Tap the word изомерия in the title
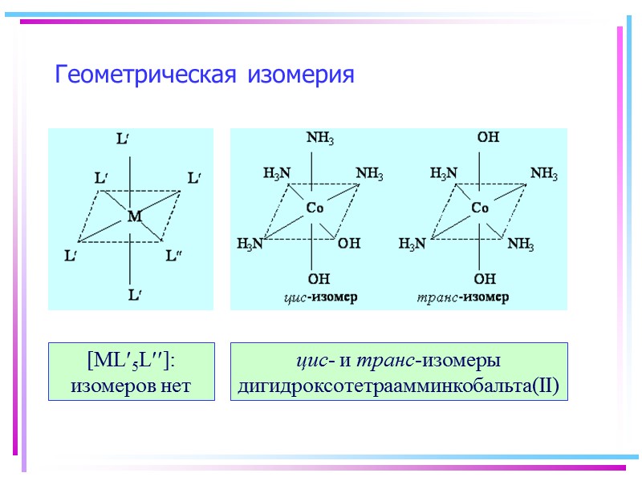300,75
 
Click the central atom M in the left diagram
134,216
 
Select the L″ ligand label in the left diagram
173,257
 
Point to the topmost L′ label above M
124,139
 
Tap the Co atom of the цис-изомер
315,208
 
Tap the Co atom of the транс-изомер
480,208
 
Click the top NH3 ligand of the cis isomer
321,138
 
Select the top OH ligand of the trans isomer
488,138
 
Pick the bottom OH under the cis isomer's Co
319,279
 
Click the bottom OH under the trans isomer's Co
485,279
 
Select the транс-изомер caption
463,297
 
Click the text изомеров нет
131,386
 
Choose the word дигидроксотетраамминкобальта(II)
398,386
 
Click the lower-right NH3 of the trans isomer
521,244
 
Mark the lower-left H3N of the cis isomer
250,244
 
